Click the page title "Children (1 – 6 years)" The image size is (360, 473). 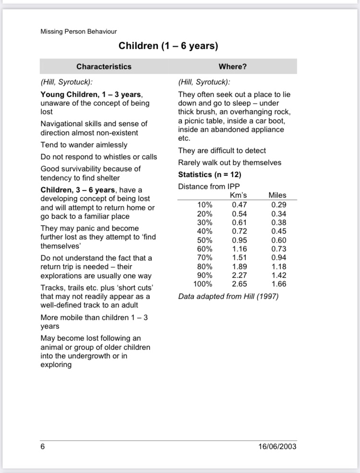168,47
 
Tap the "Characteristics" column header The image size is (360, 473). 104,67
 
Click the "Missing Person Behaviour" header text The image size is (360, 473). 79,32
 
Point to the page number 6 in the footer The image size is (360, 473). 43,446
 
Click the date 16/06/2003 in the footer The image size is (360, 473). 277,446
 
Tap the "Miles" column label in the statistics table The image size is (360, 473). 277,195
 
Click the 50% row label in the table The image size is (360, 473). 205,240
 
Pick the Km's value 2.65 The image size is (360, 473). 240,284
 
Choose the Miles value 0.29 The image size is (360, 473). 279,204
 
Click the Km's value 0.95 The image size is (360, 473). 240,240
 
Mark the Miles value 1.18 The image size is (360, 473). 279,267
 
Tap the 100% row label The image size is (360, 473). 203,284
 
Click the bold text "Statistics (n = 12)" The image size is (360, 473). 210,174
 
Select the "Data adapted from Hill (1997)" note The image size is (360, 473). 228,296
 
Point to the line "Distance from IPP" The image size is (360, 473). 208,186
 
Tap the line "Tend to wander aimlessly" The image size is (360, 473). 84,145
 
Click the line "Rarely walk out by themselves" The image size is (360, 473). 229,163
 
